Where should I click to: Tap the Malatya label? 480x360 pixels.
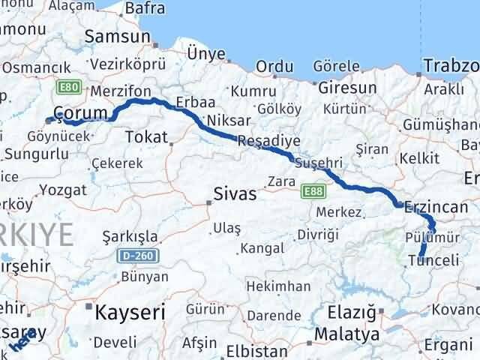346,334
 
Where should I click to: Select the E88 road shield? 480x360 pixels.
313,192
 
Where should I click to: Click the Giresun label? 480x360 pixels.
347,88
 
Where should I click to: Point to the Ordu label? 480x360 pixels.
274,67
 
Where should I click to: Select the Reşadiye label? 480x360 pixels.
268,140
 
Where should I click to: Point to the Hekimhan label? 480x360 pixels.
279,286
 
